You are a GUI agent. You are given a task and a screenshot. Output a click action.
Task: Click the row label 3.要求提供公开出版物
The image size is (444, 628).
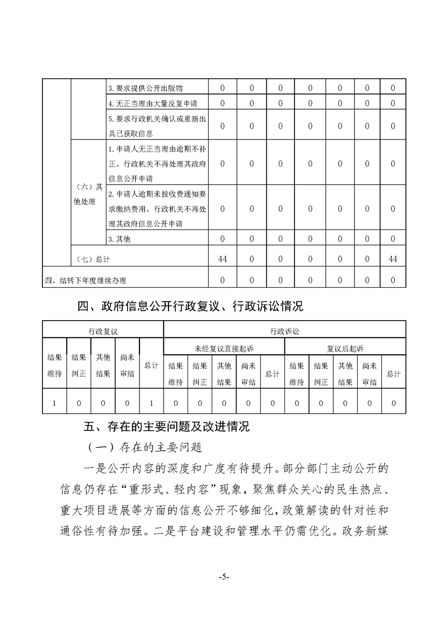[x=146, y=88]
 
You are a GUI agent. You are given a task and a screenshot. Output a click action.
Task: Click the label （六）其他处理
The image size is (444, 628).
[x=87, y=194]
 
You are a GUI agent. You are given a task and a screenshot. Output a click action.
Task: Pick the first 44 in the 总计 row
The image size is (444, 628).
[x=222, y=259]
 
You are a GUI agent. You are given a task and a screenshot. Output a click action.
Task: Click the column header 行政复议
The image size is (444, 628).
[x=103, y=331]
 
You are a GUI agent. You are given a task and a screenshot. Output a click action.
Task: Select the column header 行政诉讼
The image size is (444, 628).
[x=284, y=331]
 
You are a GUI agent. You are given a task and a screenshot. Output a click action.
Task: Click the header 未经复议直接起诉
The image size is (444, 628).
[x=224, y=348]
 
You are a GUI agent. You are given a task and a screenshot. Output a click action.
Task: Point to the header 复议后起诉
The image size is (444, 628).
[x=345, y=348]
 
